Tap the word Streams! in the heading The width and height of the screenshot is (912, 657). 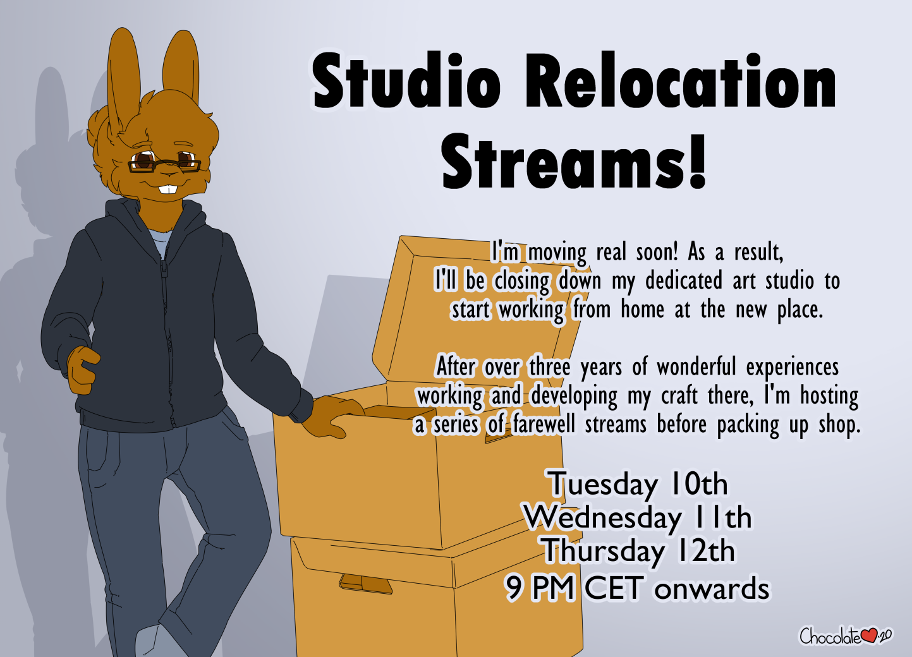(x=574, y=162)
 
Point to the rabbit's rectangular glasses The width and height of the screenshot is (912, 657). (x=164, y=166)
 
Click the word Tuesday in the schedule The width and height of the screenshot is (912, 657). (x=603, y=485)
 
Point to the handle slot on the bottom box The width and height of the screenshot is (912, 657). (x=365, y=584)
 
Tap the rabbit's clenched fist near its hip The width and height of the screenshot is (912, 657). (x=83, y=370)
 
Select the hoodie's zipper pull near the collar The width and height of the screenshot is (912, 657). (x=164, y=268)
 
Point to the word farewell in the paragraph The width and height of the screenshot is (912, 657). (x=544, y=425)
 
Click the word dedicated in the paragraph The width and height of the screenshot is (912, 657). (x=684, y=281)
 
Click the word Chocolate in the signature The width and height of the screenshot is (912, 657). (x=830, y=636)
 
